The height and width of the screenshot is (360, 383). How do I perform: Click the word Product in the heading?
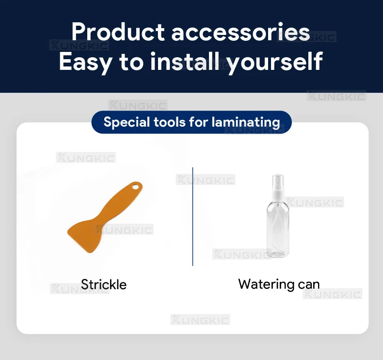tap(118, 32)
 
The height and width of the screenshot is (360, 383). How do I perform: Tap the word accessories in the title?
tap(240, 33)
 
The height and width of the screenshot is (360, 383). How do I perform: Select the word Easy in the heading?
tap(85, 62)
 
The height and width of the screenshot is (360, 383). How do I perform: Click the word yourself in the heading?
tap(275, 62)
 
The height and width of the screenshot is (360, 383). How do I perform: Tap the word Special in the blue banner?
tap(127, 122)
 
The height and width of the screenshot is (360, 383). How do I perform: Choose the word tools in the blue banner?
tap(170, 122)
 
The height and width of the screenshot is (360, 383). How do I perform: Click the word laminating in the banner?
tap(246, 122)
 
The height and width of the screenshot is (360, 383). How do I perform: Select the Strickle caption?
tap(104, 284)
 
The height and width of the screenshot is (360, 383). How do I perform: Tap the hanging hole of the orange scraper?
tap(135, 187)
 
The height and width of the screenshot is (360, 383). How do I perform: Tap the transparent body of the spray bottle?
tap(278, 229)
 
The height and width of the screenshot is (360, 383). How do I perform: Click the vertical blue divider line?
tap(193, 216)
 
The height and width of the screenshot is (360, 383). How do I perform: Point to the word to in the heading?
tap(131, 62)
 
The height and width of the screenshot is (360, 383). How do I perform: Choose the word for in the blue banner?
tap(199, 122)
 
